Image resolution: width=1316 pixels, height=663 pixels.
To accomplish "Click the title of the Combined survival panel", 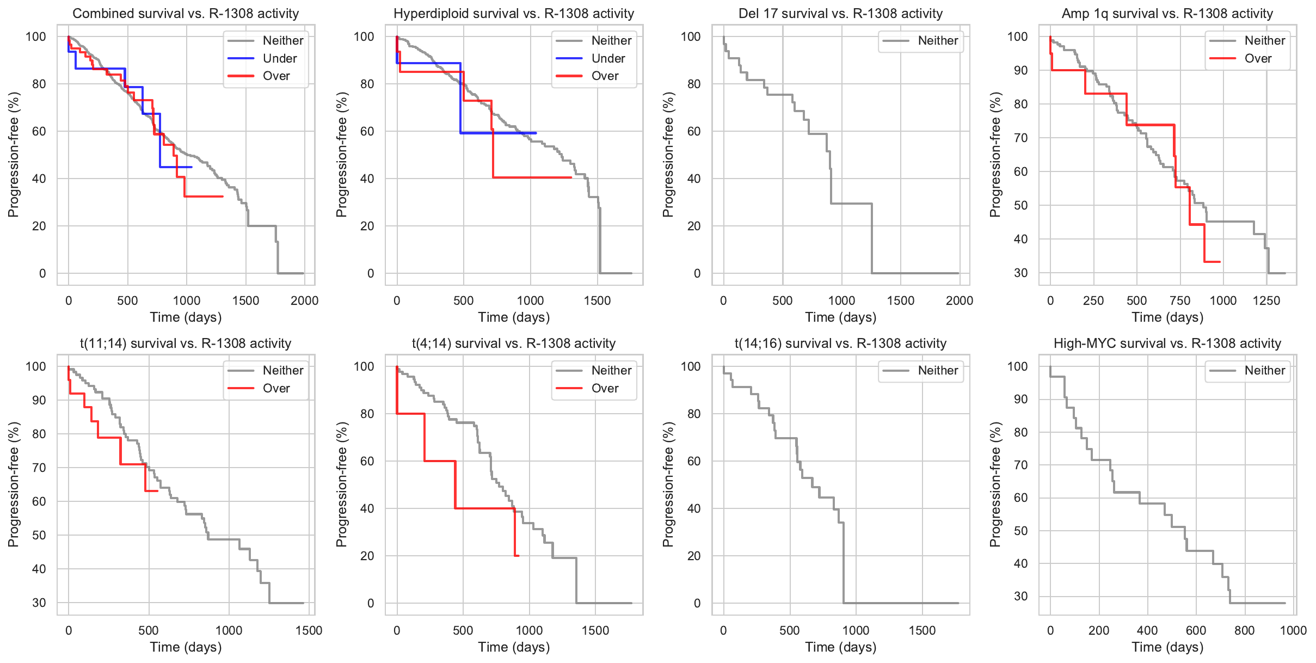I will pyautogui.click(x=186, y=14).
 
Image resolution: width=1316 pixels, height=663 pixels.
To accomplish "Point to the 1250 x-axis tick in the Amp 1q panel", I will pyautogui.click(x=1266, y=300).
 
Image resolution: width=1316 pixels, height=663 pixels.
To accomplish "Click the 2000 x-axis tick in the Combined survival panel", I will pyautogui.click(x=304, y=300).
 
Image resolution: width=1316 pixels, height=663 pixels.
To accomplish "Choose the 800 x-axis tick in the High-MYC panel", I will pyautogui.click(x=1244, y=630).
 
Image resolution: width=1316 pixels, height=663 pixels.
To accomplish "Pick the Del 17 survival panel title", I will pyautogui.click(x=840, y=14).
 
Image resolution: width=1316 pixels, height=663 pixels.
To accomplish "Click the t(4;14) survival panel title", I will pyautogui.click(x=514, y=343).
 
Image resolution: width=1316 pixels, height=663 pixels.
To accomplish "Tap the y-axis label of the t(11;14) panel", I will pyautogui.click(x=14, y=484).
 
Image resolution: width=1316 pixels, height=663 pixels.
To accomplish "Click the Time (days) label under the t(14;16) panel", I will pyautogui.click(x=840, y=647).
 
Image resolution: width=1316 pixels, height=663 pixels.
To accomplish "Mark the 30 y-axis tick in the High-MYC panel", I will pyautogui.click(x=1020, y=596).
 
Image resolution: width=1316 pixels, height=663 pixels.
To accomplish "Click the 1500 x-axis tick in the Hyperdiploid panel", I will pyautogui.click(x=597, y=300).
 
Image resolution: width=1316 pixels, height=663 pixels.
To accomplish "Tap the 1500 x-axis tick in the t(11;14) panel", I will pyautogui.click(x=309, y=630).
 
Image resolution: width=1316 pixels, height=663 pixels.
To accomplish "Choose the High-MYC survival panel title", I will pyautogui.click(x=1167, y=343).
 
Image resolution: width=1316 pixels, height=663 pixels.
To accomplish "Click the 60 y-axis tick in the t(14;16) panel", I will pyautogui.click(x=693, y=461).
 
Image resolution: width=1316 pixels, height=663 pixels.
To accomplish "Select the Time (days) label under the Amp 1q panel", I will pyautogui.click(x=1167, y=317).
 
